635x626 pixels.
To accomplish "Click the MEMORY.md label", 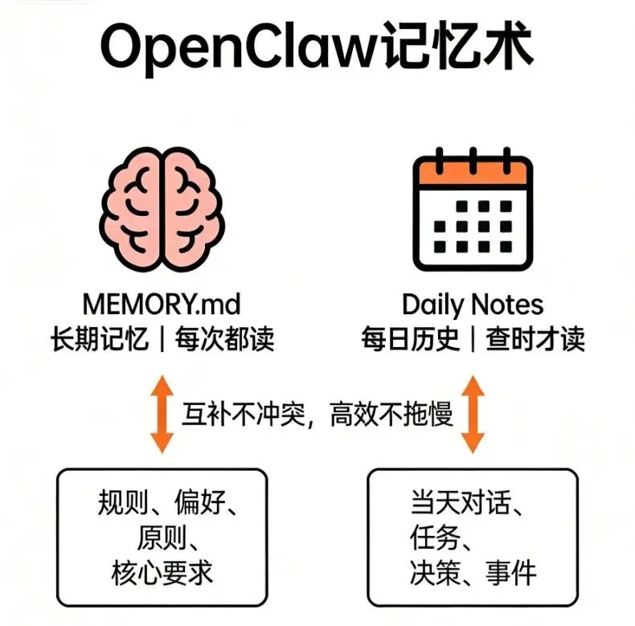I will click(162, 305).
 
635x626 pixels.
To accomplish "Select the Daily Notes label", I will click(473, 305).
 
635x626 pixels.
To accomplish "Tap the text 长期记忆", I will click(99, 338).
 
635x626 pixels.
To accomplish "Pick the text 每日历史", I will click(410, 338).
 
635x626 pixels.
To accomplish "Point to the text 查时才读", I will click(535, 338).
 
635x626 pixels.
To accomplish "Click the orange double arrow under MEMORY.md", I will click(162, 415).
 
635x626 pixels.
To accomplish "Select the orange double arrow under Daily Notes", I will click(473, 415).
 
